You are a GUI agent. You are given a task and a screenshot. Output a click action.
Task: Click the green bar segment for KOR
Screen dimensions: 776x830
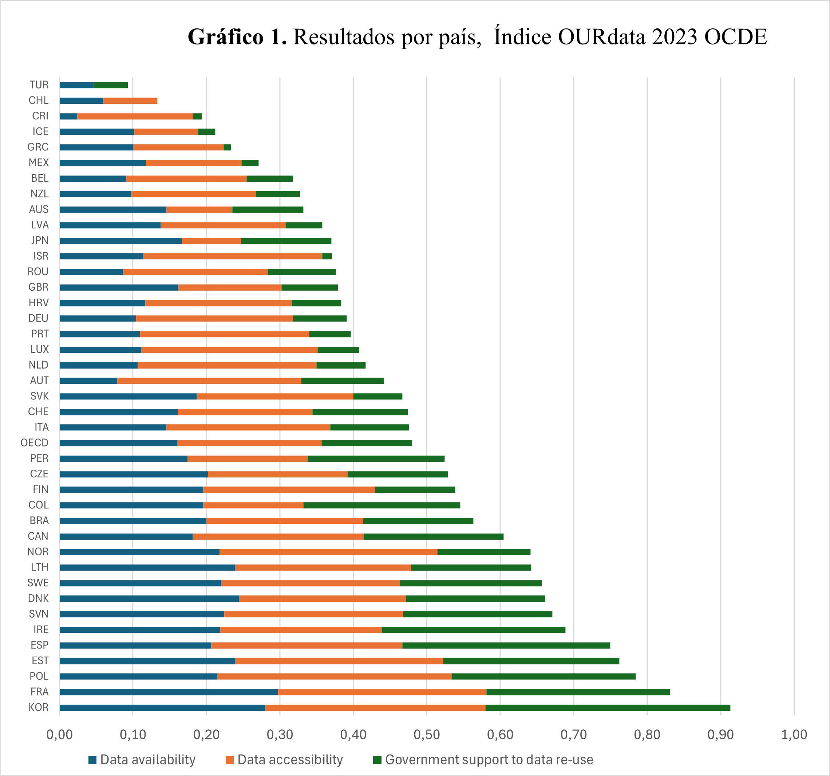(608, 708)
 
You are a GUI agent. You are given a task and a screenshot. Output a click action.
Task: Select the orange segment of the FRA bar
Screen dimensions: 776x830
(382, 692)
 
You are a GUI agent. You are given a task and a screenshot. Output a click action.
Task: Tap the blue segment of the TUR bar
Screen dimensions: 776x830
(76, 85)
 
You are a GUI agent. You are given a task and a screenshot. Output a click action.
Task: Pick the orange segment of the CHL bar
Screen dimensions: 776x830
(130, 101)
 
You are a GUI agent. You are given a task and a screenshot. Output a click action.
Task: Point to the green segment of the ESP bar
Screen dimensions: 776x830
(506, 645)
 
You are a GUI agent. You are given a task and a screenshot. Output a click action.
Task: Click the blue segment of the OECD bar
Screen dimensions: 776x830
(118, 443)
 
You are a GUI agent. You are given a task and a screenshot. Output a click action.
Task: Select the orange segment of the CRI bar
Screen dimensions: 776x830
(135, 116)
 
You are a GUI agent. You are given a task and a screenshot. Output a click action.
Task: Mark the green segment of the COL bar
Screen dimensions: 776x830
(382, 505)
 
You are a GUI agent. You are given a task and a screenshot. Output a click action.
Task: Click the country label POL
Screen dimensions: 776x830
(39, 676)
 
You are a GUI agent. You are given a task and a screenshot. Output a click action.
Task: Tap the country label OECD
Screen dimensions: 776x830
(34, 443)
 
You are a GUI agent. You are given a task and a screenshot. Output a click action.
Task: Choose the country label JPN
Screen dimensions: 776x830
(40, 241)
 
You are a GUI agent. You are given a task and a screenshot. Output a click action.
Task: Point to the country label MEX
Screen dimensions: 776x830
(39, 162)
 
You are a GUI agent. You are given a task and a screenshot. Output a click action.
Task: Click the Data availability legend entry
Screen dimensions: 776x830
(142, 760)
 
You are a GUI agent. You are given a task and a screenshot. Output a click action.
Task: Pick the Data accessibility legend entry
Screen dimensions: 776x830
(284, 760)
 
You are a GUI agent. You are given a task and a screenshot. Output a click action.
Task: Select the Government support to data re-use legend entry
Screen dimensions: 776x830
(483, 760)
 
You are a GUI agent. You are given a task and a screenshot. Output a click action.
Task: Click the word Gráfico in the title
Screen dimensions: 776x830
(225, 37)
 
